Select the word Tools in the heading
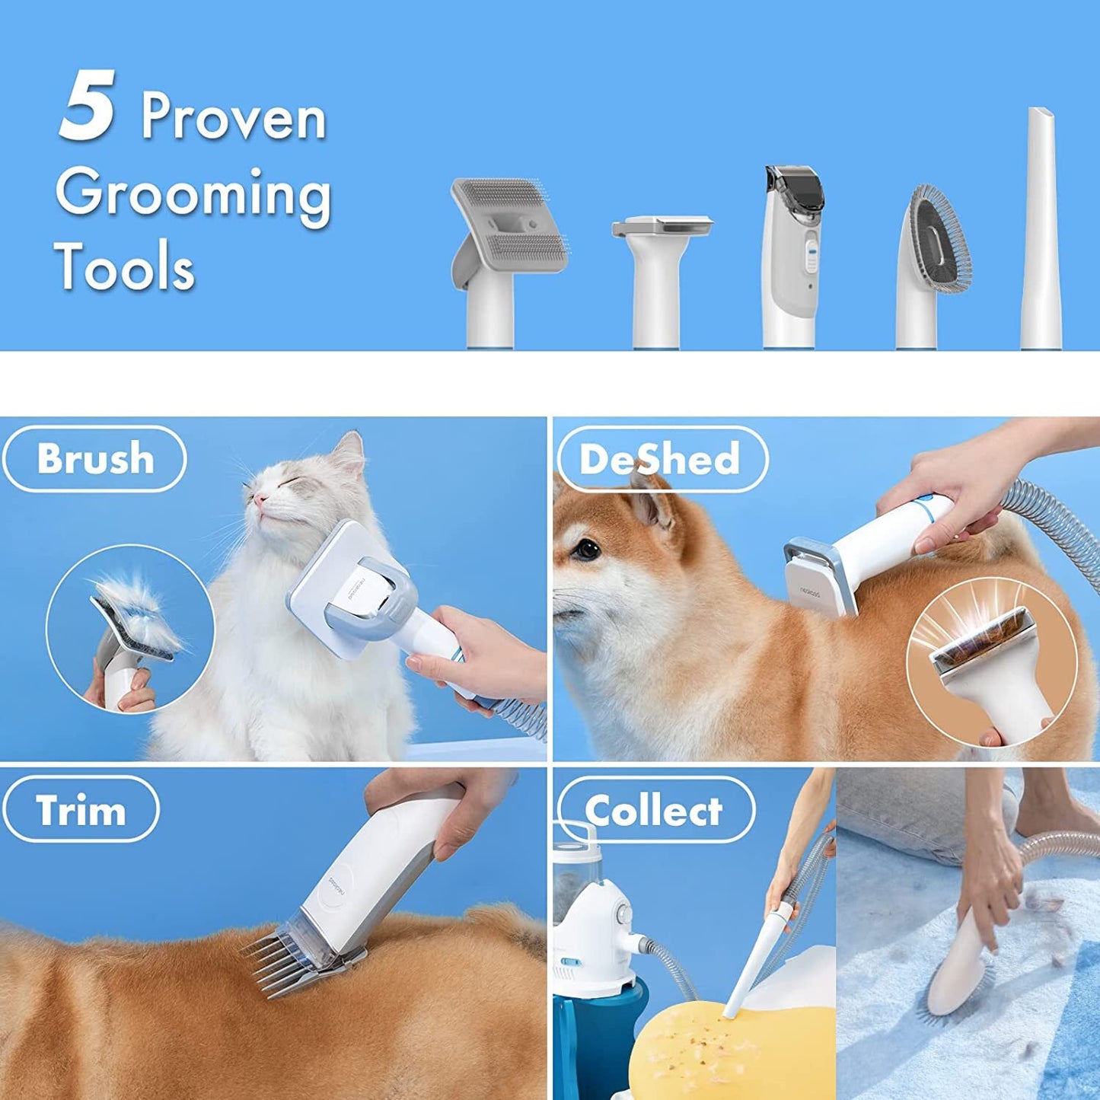(x=125, y=266)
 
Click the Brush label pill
(x=94, y=459)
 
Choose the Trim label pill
(x=81, y=809)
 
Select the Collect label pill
(x=655, y=809)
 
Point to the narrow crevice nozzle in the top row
(x=1041, y=228)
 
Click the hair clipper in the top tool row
(x=793, y=257)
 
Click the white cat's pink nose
(x=259, y=499)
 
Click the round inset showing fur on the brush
(x=130, y=630)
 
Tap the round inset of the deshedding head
(x=992, y=672)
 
